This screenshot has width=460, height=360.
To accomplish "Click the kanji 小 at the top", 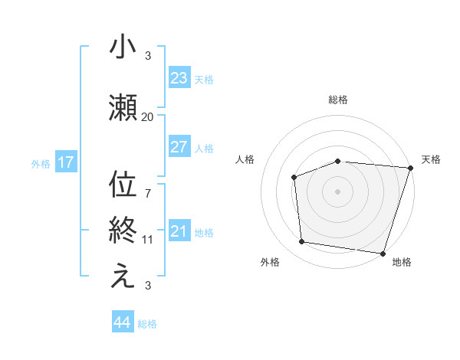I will pyautogui.click(x=122, y=48).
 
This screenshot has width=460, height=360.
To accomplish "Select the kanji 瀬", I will pyautogui.click(x=122, y=110).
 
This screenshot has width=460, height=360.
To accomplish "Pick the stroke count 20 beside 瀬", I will pyautogui.click(x=147, y=116).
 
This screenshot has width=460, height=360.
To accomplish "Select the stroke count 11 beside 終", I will pyautogui.click(x=147, y=239).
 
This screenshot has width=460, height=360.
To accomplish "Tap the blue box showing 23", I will pyautogui.click(x=179, y=77).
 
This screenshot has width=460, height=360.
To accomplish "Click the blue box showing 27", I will pyautogui.click(x=179, y=148).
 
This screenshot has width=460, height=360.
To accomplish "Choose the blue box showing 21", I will pyautogui.click(x=179, y=231).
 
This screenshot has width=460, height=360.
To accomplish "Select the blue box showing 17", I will pyautogui.click(x=65, y=162).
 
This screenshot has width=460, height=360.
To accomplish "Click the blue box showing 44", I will pyautogui.click(x=122, y=322).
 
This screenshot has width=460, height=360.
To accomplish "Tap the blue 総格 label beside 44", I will pyautogui.click(x=147, y=324).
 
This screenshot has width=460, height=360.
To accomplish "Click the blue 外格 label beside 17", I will pyautogui.click(x=41, y=163).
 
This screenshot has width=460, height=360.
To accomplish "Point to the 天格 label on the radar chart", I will pyautogui.click(x=431, y=159).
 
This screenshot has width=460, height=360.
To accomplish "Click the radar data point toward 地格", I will pyautogui.click(x=382, y=253).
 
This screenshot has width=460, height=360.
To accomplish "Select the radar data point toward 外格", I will pyautogui.click(x=302, y=242).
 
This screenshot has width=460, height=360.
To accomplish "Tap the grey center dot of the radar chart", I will pyautogui.click(x=337, y=191).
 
